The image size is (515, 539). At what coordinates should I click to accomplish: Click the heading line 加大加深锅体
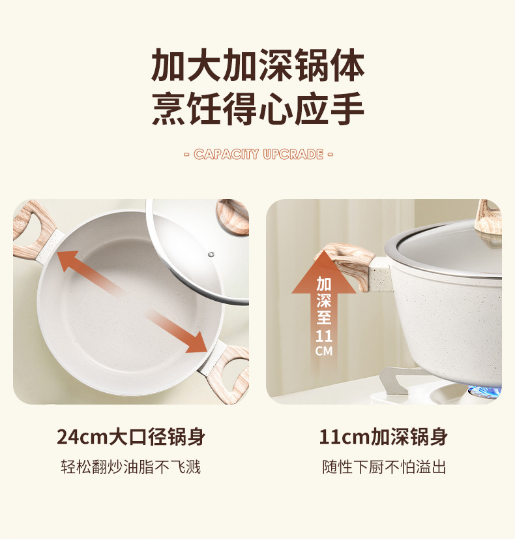(x=258, y=65)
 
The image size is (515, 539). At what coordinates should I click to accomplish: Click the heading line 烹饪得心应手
(x=258, y=108)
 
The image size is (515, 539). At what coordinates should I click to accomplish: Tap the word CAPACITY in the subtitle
(x=226, y=154)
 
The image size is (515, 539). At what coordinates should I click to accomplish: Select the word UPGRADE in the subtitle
(x=293, y=154)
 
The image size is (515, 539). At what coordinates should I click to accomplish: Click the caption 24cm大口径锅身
(x=131, y=437)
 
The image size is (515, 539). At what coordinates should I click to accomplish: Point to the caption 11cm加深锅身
(x=383, y=437)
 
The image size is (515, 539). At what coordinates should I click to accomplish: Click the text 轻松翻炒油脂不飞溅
(x=131, y=467)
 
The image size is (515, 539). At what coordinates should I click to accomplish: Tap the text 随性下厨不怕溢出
(x=384, y=467)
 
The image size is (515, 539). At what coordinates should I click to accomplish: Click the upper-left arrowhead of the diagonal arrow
(x=67, y=260)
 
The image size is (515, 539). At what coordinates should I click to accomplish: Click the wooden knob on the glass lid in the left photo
(x=233, y=217)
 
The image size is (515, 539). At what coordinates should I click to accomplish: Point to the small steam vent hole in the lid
(x=211, y=254)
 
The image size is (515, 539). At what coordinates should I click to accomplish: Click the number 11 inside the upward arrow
(x=324, y=336)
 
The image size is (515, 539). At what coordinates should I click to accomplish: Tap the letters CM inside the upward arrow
(x=324, y=351)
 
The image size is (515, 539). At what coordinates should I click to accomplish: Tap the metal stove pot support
(x=400, y=379)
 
